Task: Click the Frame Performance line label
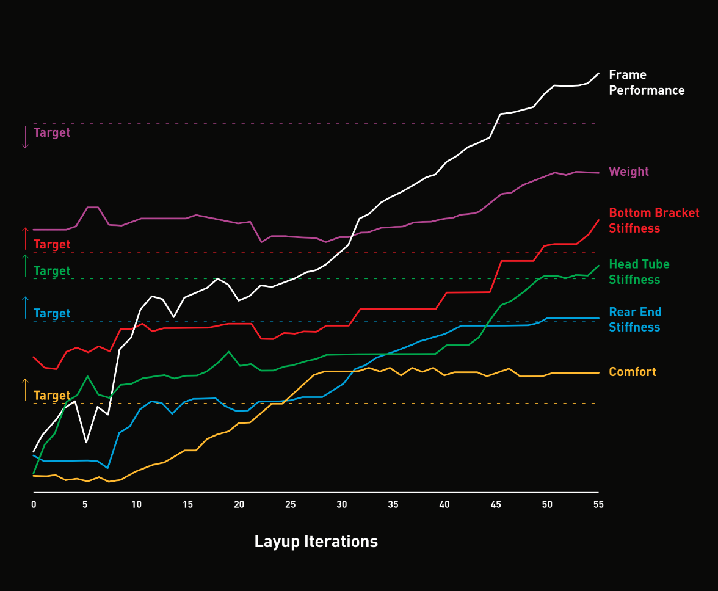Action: point(647,82)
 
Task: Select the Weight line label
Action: point(629,172)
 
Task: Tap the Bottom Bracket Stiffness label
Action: point(654,220)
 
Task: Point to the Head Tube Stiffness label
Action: point(639,272)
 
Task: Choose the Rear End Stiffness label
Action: point(635,319)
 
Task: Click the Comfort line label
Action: point(633,372)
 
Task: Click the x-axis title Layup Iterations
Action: point(316,542)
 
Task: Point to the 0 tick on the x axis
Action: point(34,505)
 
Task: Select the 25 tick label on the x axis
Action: point(290,505)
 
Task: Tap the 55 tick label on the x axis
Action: point(598,505)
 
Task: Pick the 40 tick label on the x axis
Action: point(444,505)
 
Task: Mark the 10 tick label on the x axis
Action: point(136,505)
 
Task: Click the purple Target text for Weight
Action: point(52,132)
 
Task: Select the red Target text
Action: point(52,244)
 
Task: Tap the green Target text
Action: point(52,270)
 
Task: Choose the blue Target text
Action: point(52,313)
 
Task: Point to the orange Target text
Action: point(52,395)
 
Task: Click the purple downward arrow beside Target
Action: point(25,137)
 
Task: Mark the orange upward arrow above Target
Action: point(25,390)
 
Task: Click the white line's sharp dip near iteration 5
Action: point(87,441)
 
